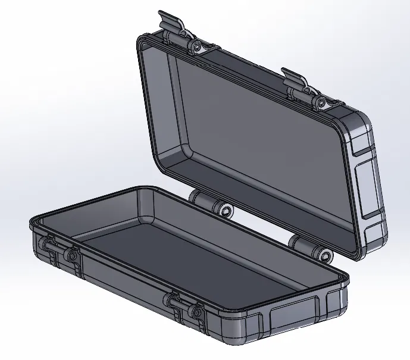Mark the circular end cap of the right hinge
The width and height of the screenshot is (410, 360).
[325, 255]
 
